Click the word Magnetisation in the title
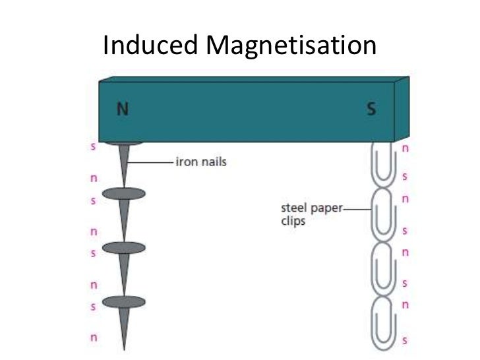point(291,45)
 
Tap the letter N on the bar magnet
point(123,109)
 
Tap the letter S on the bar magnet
point(371,109)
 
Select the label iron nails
point(200,162)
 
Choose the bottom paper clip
point(382,319)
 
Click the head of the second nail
point(123,193)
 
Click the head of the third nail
point(123,247)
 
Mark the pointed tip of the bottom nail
point(123,347)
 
